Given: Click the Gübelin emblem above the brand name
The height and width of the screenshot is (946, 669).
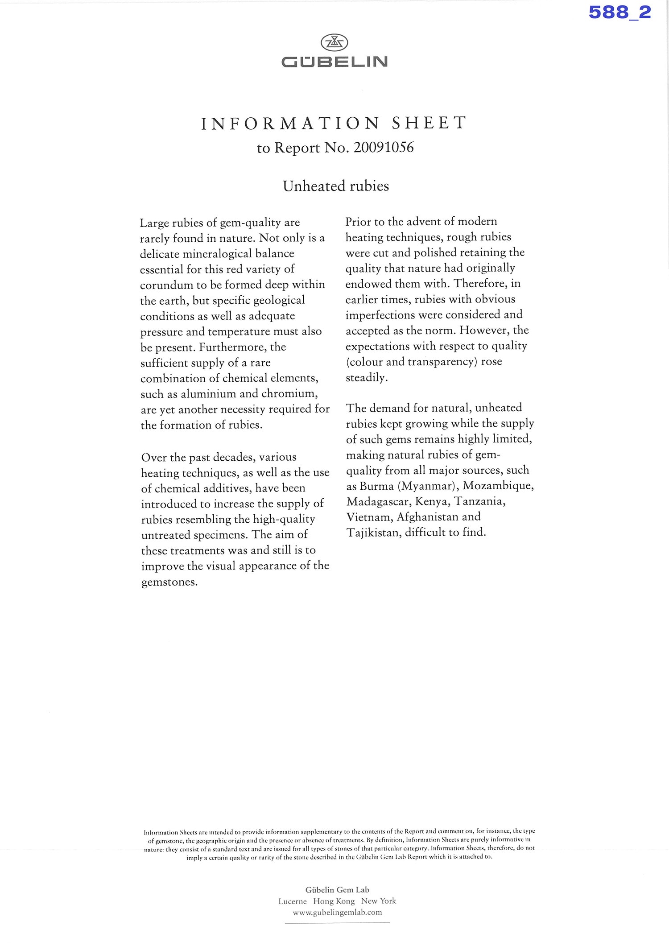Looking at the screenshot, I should [334, 43].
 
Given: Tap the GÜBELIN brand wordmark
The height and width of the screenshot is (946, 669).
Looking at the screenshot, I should [334, 62].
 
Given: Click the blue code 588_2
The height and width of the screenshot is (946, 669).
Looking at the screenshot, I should [619, 12].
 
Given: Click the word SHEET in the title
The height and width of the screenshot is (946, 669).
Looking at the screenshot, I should [429, 123].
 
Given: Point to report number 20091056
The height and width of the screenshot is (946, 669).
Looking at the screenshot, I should [384, 148].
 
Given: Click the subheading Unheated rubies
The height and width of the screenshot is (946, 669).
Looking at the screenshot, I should [336, 186].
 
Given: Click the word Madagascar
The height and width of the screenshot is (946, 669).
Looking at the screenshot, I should [379, 501].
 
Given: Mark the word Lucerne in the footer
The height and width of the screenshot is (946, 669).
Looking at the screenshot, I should [293, 901].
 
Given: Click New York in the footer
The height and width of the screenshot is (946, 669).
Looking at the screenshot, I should [379, 901].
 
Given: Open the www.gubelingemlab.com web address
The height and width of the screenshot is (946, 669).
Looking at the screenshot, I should [338, 913].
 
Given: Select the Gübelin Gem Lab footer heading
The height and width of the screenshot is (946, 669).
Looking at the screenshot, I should [337, 889].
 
